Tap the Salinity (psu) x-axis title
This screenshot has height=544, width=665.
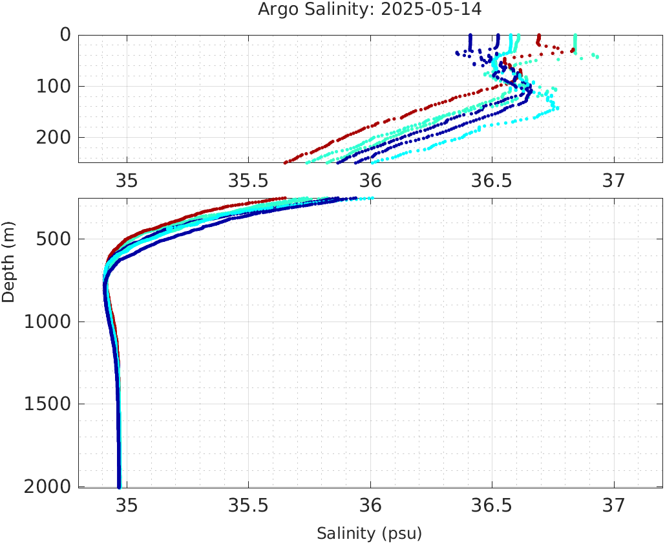click(x=370, y=534)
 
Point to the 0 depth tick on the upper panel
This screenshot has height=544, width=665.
click(x=65, y=34)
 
